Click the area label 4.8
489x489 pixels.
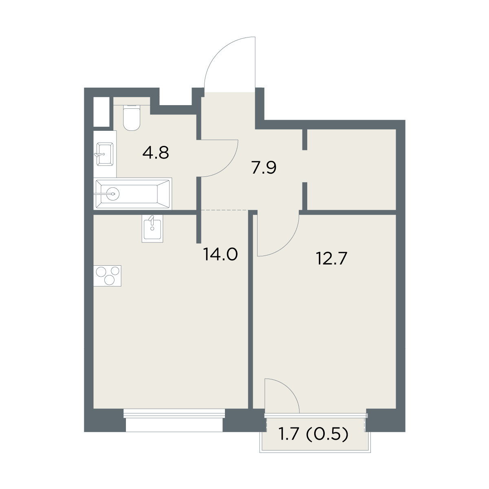[156, 153]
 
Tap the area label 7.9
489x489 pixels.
[264, 168]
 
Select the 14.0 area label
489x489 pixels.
[220, 255]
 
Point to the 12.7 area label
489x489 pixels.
[332, 259]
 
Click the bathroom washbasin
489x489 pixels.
[105, 154]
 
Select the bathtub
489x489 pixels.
[132, 194]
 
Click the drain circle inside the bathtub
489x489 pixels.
[113, 194]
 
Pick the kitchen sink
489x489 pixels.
[152, 228]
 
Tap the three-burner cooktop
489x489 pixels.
[107, 276]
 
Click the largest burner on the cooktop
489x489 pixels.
[110, 280]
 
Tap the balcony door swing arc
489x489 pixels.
[289, 391]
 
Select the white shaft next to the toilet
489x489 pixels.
[101, 112]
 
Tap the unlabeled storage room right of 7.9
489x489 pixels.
[352, 170]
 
